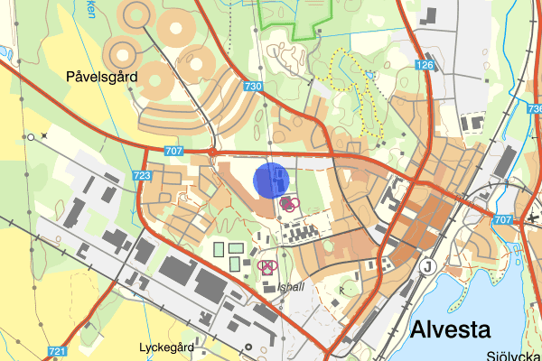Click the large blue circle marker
[x=270, y=179]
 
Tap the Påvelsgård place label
[x=101, y=78]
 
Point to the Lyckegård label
[x=167, y=347]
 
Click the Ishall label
[x=292, y=288]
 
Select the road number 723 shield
[x=141, y=176]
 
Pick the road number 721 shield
[x=58, y=351]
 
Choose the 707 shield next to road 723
[x=175, y=151]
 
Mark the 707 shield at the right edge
[x=504, y=220]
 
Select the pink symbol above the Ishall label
[x=266, y=266]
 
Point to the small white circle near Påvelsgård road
[x=30, y=137]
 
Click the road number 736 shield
[x=534, y=107]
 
